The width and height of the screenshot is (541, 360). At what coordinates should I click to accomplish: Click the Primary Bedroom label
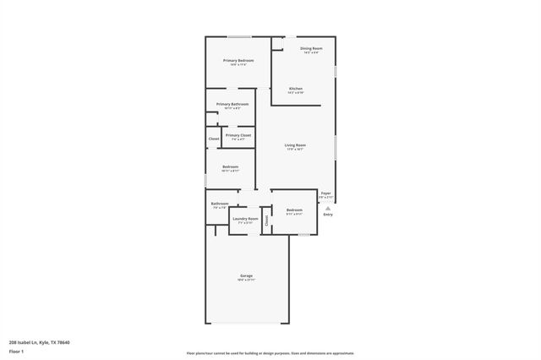click(x=238, y=61)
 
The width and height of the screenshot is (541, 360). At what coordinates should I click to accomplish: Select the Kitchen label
click(x=295, y=89)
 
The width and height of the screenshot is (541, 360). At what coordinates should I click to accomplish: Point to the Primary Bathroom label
click(x=232, y=104)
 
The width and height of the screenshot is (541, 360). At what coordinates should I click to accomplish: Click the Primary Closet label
click(x=238, y=135)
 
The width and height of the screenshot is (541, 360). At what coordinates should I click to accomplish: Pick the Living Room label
click(x=295, y=145)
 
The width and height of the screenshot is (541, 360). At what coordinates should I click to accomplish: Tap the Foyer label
click(x=325, y=193)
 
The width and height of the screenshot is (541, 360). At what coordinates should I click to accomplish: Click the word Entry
click(x=327, y=214)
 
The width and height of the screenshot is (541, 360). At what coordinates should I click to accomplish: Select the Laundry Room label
click(x=246, y=219)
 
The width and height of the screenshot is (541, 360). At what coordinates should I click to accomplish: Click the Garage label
click(x=247, y=276)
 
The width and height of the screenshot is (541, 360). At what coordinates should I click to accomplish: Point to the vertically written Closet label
click(x=266, y=221)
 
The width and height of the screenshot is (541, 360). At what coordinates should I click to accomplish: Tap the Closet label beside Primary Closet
click(x=214, y=139)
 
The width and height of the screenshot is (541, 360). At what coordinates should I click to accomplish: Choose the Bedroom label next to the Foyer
click(x=294, y=210)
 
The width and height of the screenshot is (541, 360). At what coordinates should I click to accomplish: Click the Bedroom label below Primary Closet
click(x=230, y=167)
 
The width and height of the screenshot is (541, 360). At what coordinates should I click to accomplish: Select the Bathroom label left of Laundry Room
click(x=220, y=204)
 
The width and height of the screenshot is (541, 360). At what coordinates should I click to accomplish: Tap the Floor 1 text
click(x=16, y=351)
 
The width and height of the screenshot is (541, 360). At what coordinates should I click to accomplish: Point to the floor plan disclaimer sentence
click(x=270, y=353)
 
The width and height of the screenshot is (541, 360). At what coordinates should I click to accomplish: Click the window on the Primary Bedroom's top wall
click(x=239, y=36)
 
